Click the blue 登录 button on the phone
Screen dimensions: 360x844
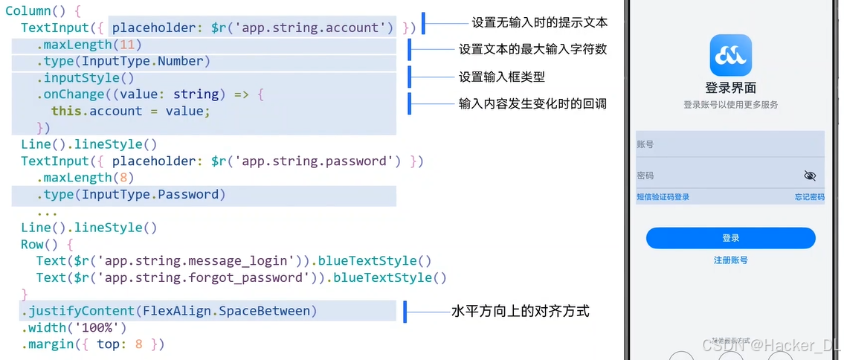[x=730, y=238]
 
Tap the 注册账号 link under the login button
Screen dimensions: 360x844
[x=730, y=260]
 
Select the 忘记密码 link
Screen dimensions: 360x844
[x=809, y=197]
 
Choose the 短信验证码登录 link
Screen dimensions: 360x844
[x=663, y=197]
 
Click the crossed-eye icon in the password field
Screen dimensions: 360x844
[x=810, y=176]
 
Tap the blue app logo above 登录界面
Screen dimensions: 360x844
[x=730, y=55]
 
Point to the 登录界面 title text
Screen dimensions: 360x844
[x=730, y=88]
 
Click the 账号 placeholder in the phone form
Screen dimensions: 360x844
[x=645, y=144]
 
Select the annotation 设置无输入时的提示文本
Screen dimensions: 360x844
[x=539, y=22]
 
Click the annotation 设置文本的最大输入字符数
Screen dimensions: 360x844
[x=532, y=50]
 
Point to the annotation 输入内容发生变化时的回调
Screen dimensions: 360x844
[x=532, y=103]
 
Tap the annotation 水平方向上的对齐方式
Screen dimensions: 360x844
[x=520, y=311]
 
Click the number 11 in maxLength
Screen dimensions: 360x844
[x=126, y=45]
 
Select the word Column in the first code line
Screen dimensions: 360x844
[x=28, y=11]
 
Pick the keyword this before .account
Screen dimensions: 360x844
[x=66, y=111]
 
